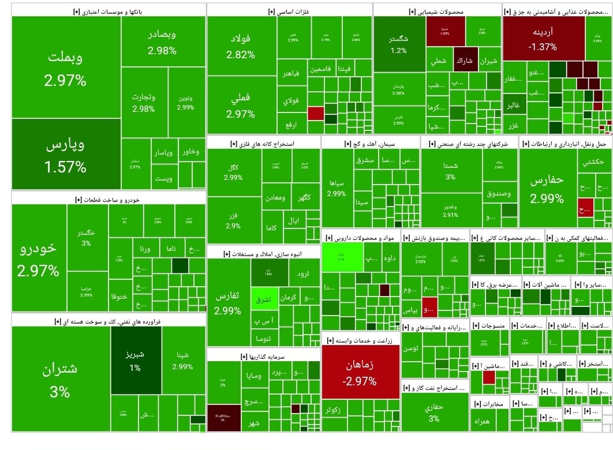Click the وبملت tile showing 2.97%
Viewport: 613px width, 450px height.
point(65,67)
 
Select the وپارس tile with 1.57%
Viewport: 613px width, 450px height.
point(65,155)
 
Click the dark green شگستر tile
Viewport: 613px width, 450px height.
point(399,44)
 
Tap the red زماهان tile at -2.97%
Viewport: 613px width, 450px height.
point(360,372)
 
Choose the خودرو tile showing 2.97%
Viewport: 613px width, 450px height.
point(39,258)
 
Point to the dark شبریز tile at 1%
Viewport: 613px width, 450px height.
point(134,359)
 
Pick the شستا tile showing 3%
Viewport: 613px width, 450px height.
point(450,170)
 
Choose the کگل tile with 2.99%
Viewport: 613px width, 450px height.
point(233,172)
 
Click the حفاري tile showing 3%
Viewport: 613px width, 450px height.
point(433,412)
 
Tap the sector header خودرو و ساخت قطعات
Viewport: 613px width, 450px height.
point(108,200)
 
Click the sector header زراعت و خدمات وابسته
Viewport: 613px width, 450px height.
point(360,341)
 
